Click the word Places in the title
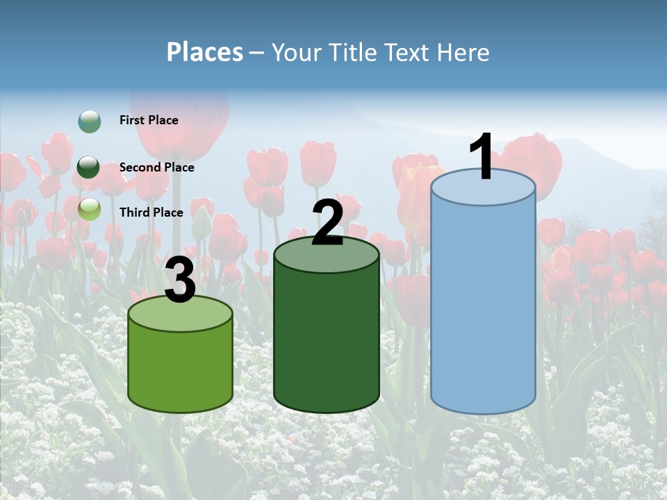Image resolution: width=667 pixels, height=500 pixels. coord(204,52)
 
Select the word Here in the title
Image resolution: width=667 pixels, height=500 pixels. coord(463,52)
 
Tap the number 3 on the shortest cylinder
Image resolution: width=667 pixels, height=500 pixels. coord(181,281)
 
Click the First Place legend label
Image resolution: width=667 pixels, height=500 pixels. coord(149,120)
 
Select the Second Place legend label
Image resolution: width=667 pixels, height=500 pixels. coord(156,167)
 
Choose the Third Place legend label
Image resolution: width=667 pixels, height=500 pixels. coord(151,212)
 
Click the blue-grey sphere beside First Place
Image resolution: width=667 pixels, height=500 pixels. coord(89,122)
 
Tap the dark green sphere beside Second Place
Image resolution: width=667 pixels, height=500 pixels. coord(89,167)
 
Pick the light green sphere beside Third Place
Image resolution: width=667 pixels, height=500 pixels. coord(89,209)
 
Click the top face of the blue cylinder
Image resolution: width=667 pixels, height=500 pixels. coord(483,188)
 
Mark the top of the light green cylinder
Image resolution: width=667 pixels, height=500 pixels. coord(181,315)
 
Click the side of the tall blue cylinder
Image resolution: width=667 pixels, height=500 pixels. coord(483,306)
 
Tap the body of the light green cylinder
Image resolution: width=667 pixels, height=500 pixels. coord(181,368)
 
